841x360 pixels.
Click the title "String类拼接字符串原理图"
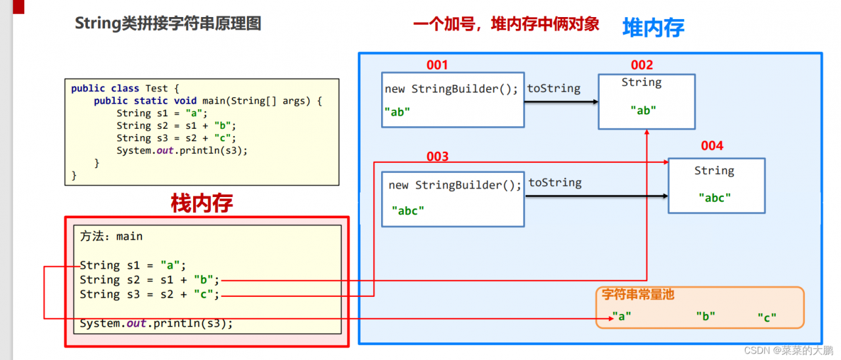point(168,24)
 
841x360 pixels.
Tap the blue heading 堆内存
point(653,28)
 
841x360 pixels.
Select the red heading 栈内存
point(202,204)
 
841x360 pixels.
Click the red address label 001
point(437,64)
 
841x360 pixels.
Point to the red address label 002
point(642,64)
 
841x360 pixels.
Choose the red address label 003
point(437,156)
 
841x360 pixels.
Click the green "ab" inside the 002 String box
point(643,110)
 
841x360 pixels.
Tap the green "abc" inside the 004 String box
point(714,197)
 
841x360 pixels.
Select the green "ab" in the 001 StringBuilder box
point(398,112)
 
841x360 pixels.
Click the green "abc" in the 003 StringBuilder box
point(408,210)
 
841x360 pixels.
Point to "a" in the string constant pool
point(621,316)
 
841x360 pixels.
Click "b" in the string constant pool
point(706,316)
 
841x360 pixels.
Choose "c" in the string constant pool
point(767,317)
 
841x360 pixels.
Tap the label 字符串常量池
point(638,295)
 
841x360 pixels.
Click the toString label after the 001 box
point(554,88)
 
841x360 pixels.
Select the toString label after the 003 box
point(555,183)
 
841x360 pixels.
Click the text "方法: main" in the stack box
point(112,236)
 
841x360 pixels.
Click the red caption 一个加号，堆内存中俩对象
point(506,25)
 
